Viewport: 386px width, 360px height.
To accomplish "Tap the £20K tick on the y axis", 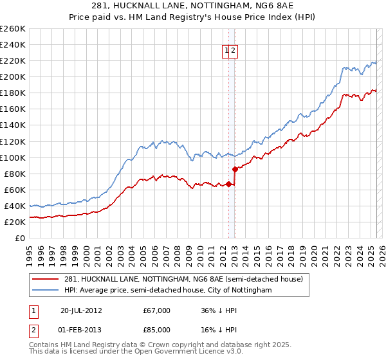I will tap(15, 222).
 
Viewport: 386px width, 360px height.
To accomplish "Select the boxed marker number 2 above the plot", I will tap(234, 52).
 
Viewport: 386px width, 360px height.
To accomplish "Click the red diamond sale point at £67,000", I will tap(228, 184).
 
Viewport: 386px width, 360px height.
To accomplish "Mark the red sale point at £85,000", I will tap(235, 169).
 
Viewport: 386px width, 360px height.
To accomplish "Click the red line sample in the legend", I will tap(46, 279).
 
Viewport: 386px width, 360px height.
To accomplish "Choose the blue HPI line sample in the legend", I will tap(46, 291).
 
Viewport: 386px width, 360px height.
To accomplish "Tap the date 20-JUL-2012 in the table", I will tap(82, 310).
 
